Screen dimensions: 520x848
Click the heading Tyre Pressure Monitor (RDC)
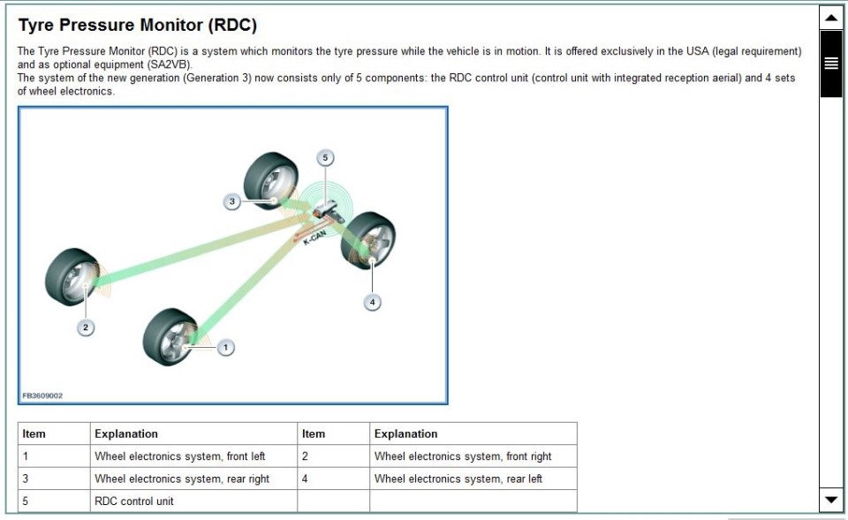137,26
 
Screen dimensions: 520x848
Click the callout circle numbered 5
324,158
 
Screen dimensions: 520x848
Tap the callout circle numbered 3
231,202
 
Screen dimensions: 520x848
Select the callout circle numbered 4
372,302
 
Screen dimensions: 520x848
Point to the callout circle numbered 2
85,328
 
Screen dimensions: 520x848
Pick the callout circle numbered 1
225,348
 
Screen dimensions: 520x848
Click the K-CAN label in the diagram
315,237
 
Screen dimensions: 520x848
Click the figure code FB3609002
42,396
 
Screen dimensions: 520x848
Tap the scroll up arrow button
830,17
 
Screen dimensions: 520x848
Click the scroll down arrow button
830,500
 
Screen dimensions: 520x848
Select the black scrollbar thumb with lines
830,63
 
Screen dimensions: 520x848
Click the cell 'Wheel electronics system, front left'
179,456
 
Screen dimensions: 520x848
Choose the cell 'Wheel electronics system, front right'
462,456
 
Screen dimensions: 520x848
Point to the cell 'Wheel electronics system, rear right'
182,479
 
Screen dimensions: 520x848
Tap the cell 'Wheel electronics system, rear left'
458,479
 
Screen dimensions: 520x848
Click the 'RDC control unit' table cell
134,501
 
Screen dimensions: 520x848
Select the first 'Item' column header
34,433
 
